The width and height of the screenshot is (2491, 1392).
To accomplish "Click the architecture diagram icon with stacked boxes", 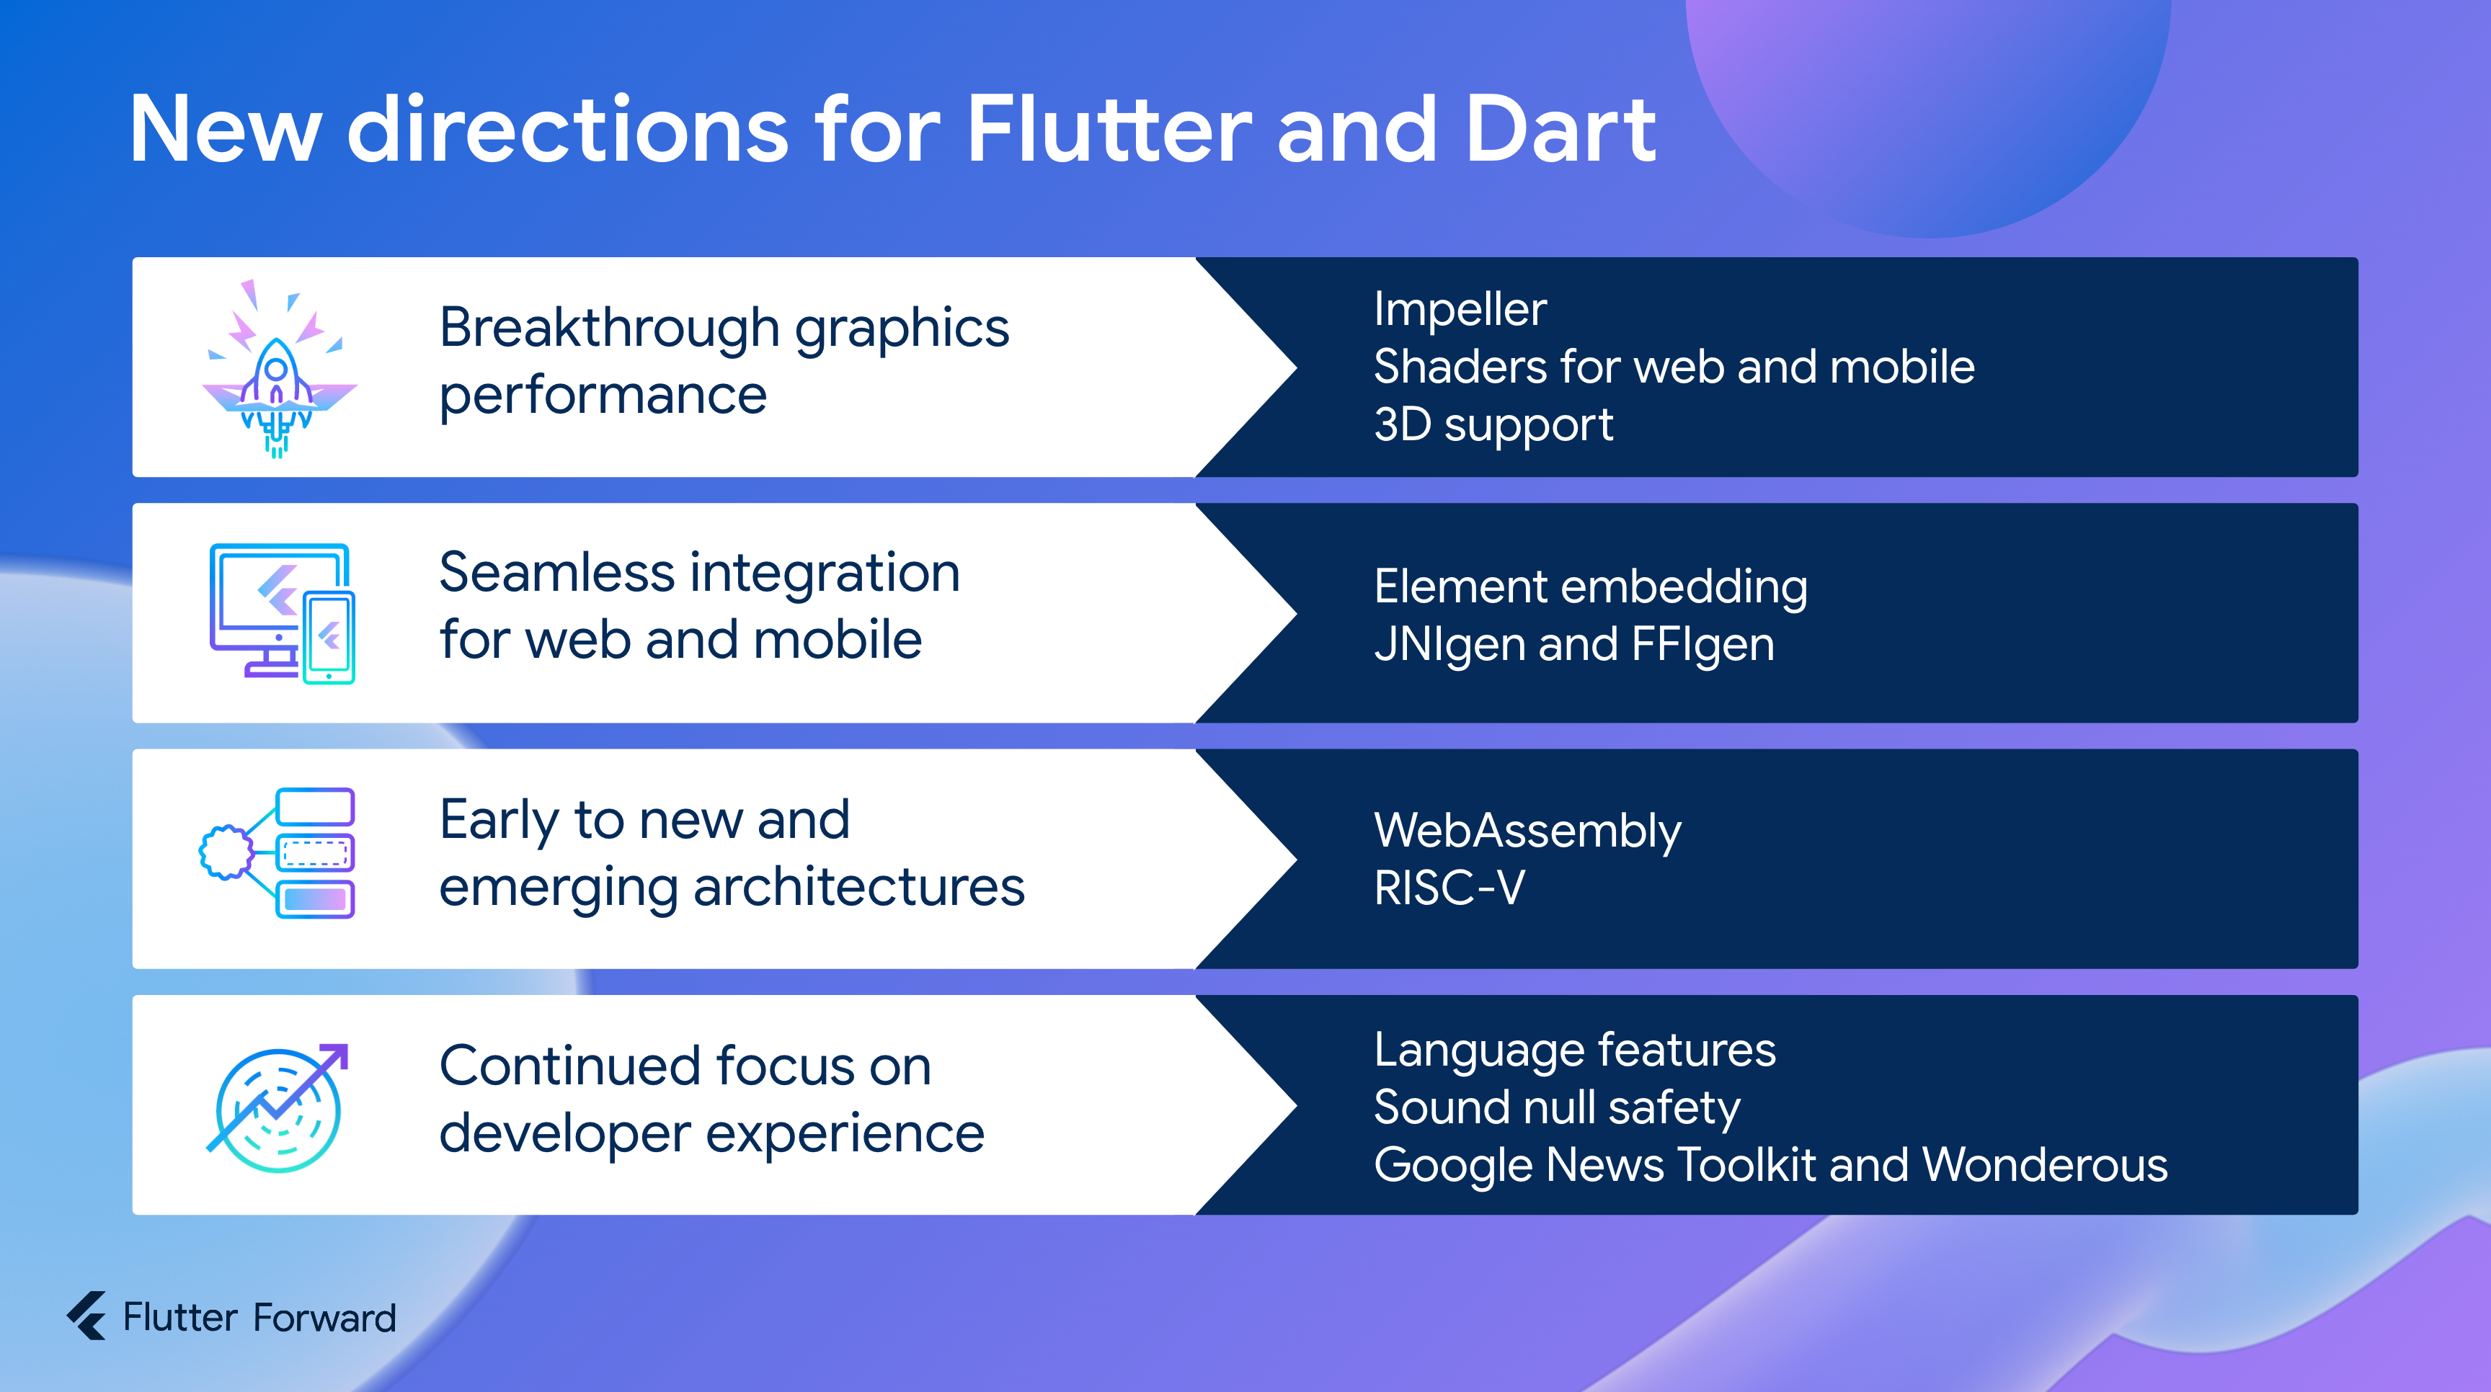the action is coord(277,852).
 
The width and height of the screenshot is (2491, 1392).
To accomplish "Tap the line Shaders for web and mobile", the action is coord(1674,367).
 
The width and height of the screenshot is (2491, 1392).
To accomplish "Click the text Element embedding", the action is coord(1591,586).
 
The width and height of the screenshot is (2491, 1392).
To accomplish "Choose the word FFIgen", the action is coord(1703,645).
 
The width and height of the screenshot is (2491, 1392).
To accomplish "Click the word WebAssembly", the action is coord(1528,831).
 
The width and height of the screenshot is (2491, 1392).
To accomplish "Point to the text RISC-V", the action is coord(1449,888).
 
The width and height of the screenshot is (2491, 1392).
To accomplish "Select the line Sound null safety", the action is coord(1557,1108).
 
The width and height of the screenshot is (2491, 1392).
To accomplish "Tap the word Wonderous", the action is coord(2046,1165).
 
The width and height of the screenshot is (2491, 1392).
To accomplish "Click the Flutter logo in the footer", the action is coord(87,1316).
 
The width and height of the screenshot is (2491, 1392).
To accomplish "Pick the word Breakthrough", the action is coord(609,329).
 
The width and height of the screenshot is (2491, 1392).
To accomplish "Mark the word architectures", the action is coord(858,888).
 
